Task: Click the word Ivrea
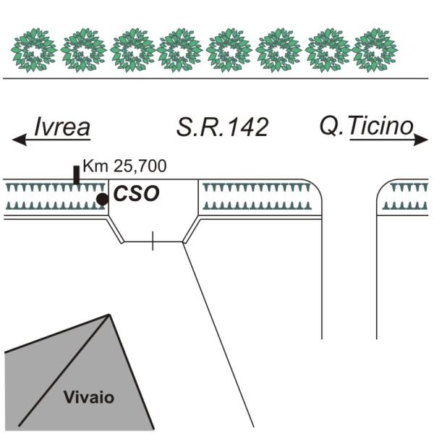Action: click(x=62, y=127)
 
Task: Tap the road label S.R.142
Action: click(x=223, y=127)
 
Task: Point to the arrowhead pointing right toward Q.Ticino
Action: click(x=422, y=142)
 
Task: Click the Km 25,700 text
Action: click(x=124, y=166)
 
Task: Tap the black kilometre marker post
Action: click(x=77, y=175)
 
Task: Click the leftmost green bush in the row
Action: click(x=35, y=50)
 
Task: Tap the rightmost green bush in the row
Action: click(x=375, y=50)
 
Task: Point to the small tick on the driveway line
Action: click(x=152, y=242)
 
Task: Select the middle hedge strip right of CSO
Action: click(x=257, y=197)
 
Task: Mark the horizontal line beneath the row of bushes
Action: click(x=217, y=77)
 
